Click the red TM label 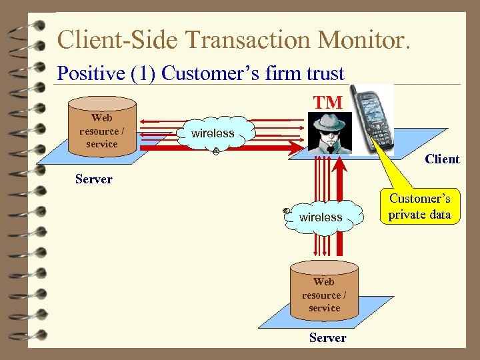point(329,102)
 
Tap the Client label point(442,159)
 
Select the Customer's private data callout point(420,207)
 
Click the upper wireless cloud point(213,134)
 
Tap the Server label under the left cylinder point(94,179)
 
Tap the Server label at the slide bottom point(327,337)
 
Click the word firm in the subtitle point(281,73)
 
